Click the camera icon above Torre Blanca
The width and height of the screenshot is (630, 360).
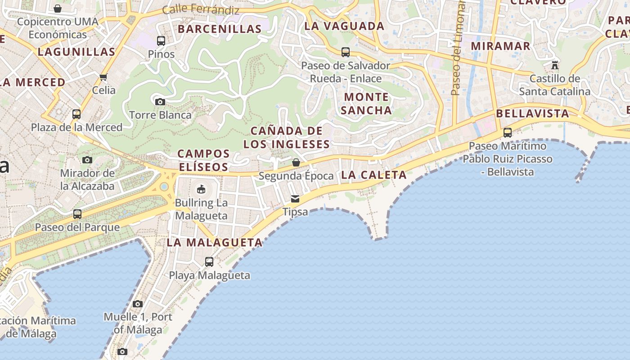coord(160,102)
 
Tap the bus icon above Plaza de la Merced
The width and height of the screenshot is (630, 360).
coord(76,114)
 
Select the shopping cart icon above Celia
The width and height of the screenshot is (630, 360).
coord(103,77)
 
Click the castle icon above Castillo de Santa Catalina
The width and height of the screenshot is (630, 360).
coord(555,65)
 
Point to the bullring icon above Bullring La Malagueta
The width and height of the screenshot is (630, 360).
coord(201,189)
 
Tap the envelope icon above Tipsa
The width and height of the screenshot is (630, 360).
coord(295,198)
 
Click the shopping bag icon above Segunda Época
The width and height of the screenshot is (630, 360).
coord(296,162)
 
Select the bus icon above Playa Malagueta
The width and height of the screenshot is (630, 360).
coord(209,261)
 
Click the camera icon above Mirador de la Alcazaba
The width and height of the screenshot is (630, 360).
coord(87,160)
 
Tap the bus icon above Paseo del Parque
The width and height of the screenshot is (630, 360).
coord(77,214)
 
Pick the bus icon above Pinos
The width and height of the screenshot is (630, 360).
coord(161,41)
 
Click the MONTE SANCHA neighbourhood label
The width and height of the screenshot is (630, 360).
coord(366,103)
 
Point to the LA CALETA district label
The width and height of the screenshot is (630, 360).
coord(373,175)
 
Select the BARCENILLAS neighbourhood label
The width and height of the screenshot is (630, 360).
coord(220,29)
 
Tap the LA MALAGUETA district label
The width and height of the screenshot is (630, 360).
coord(215,243)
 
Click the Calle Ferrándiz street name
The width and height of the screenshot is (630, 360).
coord(201,9)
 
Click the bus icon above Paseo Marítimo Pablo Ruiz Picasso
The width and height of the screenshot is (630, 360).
coord(508,132)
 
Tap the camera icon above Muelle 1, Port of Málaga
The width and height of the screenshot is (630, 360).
coord(138,304)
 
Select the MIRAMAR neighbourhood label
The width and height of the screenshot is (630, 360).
coord(500,46)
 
